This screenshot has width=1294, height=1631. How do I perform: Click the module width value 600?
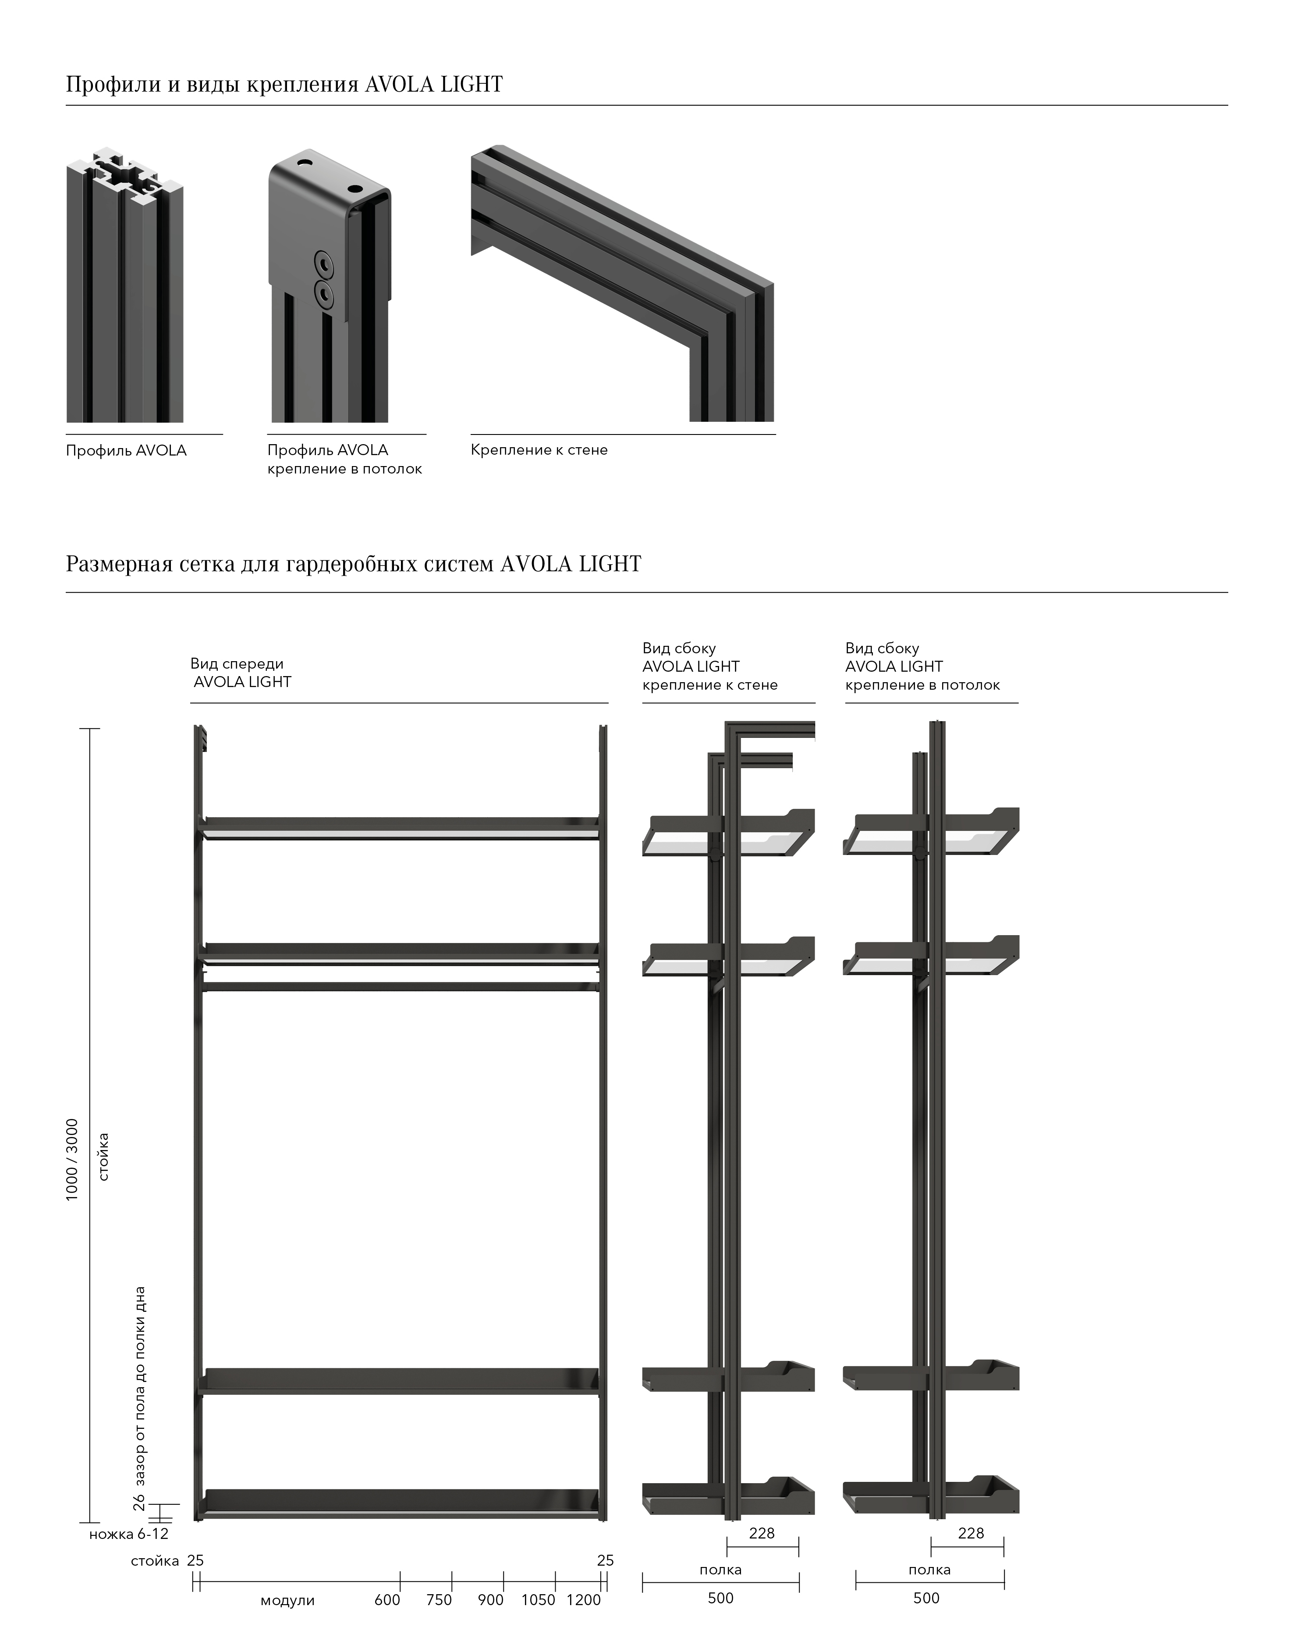387,1600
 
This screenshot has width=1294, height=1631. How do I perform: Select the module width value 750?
439,1600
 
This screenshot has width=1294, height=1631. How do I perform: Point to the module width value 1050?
538,1600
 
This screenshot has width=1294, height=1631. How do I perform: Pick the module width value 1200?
583,1600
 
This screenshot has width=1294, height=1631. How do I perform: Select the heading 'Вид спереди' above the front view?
237,663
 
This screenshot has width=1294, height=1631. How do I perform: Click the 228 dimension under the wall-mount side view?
762,1533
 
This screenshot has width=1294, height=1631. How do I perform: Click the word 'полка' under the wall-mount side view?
720,1570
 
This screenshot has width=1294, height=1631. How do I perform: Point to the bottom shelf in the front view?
401,1500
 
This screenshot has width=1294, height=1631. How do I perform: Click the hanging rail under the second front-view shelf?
401,986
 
